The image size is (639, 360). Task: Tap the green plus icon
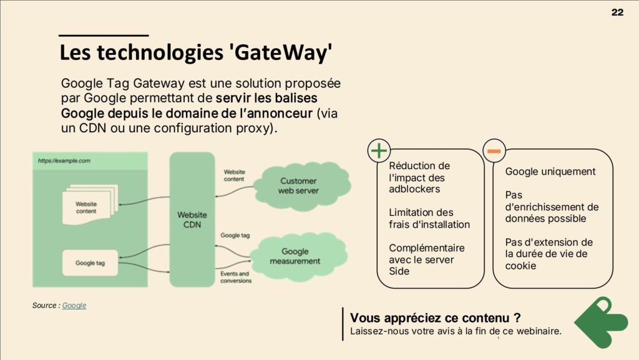(379, 150)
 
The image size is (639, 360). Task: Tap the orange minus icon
(494, 150)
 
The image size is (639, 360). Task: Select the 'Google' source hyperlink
(74, 305)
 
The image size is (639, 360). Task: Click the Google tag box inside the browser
(90, 263)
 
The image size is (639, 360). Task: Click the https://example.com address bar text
(64, 160)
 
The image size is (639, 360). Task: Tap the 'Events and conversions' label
(235, 277)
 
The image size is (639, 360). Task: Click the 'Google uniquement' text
(550, 172)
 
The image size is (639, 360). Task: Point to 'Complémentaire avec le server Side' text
(426, 259)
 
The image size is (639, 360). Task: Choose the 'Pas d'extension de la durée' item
(549, 253)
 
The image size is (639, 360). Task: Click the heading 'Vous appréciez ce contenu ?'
(436, 318)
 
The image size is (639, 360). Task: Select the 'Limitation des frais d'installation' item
(429, 218)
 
